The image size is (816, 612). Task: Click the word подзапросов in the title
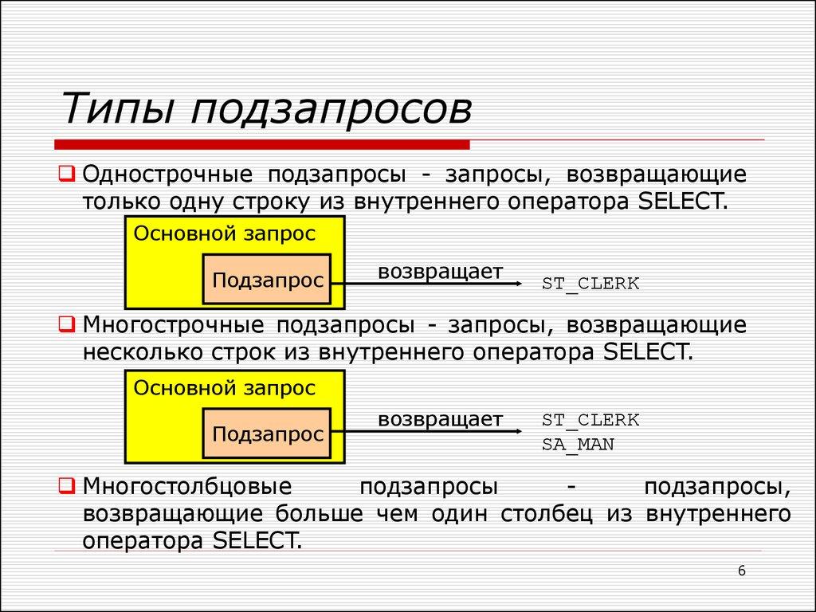pos(331,110)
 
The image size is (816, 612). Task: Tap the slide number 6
pos(742,571)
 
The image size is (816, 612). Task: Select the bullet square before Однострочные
pos(68,173)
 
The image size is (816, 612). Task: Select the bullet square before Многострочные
pos(68,324)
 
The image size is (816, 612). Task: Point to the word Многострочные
pos(174,325)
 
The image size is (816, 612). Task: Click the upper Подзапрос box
pos(267,280)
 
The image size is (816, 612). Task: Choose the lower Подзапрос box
pos(267,434)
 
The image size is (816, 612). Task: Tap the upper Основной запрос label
pos(225,234)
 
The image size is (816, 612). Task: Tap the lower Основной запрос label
pos(225,388)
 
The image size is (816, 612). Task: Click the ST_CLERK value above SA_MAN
pos(590,420)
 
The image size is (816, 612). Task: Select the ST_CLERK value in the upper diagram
pos(590,283)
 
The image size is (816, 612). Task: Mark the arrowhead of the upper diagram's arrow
pos(518,282)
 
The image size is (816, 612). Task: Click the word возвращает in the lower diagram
pos(440,419)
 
